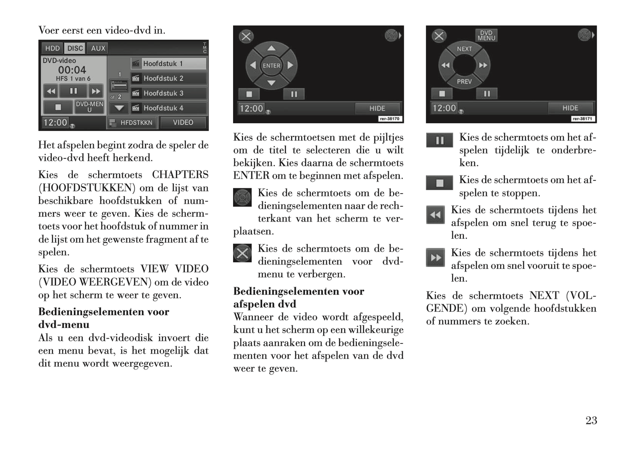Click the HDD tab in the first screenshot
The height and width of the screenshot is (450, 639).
(x=52, y=48)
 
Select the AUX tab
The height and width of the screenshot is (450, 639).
(x=98, y=48)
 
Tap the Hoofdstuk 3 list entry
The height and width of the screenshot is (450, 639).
(x=168, y=93)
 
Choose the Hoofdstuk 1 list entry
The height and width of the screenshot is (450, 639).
(x=168, y=64)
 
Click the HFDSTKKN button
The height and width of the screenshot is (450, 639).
(x=132, y=122)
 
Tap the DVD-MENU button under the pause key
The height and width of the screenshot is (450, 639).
(x=89, y=107)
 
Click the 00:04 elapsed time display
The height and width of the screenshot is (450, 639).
(x=72, y=70)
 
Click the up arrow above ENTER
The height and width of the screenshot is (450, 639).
(x=271, y=48)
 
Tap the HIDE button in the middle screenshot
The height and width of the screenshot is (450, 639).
(x=377, y=108)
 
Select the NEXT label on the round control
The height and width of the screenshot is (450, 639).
(x=464, y=49)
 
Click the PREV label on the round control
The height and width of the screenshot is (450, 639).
(x=464, y=82)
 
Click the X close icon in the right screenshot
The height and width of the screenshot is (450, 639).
(x=439, y=36)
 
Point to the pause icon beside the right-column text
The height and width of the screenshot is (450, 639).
(x=440, y=141)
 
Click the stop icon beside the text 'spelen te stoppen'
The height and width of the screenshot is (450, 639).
(x=440, y=183)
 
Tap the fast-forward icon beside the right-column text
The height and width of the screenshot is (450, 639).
(x=436, y=258)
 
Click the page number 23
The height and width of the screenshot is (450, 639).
(x=591, y=420)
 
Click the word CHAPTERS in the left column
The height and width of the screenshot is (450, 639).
(x=180, y=175)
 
